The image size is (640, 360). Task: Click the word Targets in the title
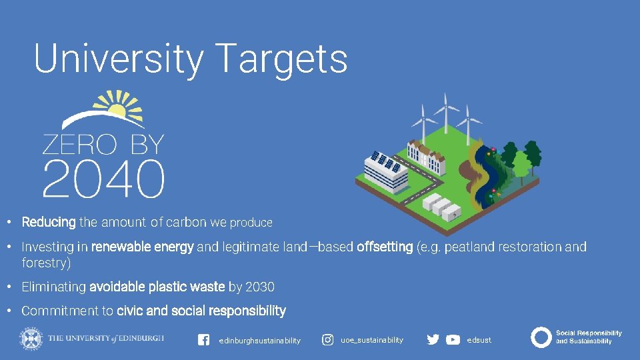[x=282, y=59]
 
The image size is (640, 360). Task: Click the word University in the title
[x=119, y=59]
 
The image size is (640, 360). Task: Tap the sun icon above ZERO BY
[x=117, y=108]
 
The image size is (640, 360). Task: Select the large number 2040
[x=103, y=178]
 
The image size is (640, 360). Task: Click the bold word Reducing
[x=49, y=222]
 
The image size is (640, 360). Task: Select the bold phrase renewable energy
[x=142, y=247]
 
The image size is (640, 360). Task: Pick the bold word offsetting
[x=385, y=247]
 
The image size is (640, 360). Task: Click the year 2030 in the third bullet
[x=259, y=287]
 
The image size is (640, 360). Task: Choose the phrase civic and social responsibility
[x=201, y=311]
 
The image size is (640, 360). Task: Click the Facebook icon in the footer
[x=204, y=340]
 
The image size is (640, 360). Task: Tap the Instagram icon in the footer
[x=328, y=340]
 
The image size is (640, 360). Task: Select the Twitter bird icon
[x=433, y=339]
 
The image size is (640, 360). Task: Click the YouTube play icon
[x=453, y=339]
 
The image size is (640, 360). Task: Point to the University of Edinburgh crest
[x=30, y=338]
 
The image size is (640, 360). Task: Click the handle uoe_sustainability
[x=372, y=340]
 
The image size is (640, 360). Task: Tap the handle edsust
[x=479, y=340]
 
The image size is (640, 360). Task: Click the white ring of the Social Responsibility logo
[x=541, y=337]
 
